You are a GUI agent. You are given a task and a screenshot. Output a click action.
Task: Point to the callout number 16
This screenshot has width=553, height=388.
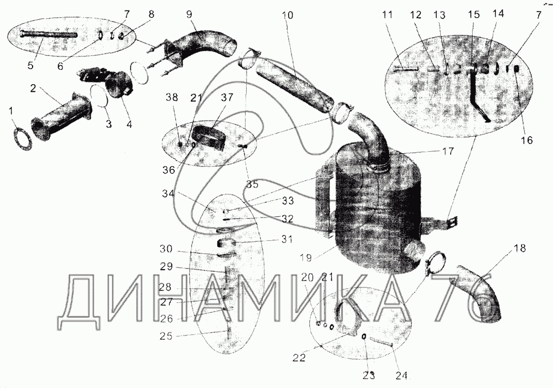526,141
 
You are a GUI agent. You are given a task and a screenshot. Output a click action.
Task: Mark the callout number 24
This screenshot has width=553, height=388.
401,376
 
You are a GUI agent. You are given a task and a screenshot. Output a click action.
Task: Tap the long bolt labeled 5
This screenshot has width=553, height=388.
47,34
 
